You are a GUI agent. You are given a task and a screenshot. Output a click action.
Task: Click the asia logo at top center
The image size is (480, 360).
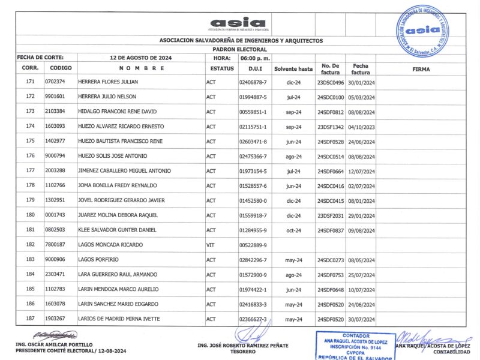[238, 23]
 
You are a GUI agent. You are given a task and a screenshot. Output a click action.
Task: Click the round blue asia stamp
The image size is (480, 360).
[427, 31]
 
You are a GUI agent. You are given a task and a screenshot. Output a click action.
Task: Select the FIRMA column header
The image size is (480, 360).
[421, 69]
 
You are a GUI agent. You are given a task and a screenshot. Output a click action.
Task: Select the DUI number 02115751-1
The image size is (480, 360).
[253, 127]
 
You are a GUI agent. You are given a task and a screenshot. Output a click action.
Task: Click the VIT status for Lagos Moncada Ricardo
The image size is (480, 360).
[211, 245]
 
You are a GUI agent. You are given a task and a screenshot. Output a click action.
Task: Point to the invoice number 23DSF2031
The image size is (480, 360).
[331, 215]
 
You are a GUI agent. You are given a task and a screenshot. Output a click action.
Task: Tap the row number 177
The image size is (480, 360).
[30, 171]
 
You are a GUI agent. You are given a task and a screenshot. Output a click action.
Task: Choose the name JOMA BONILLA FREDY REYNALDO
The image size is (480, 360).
[118, 186]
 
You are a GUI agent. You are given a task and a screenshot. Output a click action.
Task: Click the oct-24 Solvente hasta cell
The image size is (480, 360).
[293, 230]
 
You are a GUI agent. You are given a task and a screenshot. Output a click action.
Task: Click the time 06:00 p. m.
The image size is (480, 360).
[255, 58]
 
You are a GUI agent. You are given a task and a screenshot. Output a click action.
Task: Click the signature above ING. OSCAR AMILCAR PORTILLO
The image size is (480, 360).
[55, 334]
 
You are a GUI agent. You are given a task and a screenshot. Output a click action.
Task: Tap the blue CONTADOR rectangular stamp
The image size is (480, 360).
[355, 346]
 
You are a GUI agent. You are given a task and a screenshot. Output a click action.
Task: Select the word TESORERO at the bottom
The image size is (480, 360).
[243, 352]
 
